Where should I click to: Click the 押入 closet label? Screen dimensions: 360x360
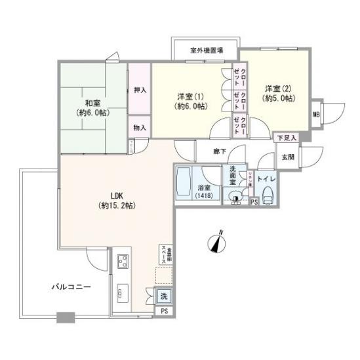(140, 90)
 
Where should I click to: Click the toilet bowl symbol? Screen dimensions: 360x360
(268, 195)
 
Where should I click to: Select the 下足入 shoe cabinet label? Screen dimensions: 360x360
(286, 138)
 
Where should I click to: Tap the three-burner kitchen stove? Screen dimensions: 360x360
(123, 262)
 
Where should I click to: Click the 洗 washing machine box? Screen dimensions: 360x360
(163, 296)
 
